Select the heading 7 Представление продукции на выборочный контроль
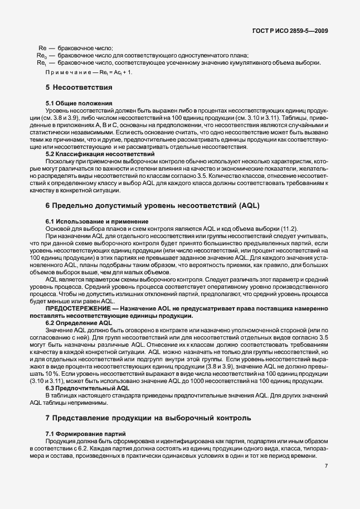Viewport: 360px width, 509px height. click(x=148, y=417)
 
